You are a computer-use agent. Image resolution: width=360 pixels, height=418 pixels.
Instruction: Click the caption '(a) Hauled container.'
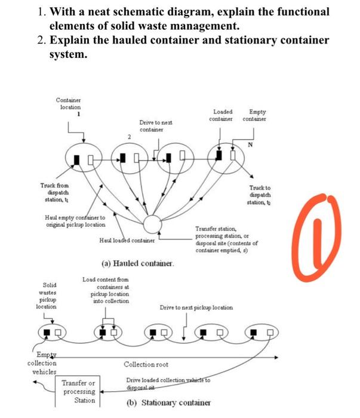(134, 263)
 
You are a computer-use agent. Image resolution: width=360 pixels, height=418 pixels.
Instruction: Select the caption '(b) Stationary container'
(168, 402)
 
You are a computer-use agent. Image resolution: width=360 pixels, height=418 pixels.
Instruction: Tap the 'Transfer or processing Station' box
(79, 391)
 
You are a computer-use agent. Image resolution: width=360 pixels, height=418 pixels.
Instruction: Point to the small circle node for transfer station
(153, 225)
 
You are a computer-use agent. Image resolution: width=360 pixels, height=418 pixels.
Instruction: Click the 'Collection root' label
(146, 364)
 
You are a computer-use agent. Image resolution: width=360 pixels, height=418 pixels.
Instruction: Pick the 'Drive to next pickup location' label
(196, 308)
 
